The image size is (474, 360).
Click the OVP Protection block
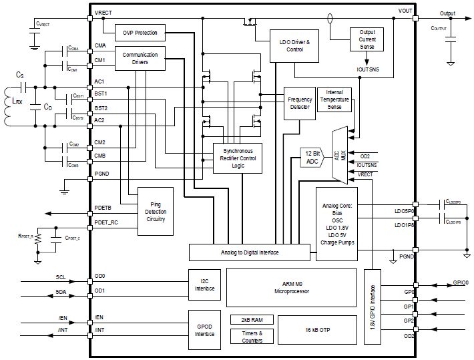pyautogui.click(x=140, y=33)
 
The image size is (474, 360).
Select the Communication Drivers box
pyautogui.click(x=140, y=59)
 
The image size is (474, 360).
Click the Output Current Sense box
pyautogui.click(x=367, y=41)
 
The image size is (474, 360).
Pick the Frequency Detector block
pyautogui.click(x=300, y=103)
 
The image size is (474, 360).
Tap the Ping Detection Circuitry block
pyautogui.click(x=155, y=210)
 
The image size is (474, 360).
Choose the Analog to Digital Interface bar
pyautogui.click(x=249, y=252)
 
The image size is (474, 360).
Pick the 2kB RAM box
pyautogui.click(x=250, y=319)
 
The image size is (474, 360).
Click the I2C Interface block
pyautogui.click(x=205, y=286)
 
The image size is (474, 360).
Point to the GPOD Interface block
pyautogui.click(x=205, y=329)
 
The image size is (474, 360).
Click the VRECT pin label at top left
pyautogui.click(x=103, y=13)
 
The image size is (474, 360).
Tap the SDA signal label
pyautogui.click(x=61, y=292)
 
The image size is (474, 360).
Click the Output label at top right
pyautogui.click(x=448, y=13)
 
